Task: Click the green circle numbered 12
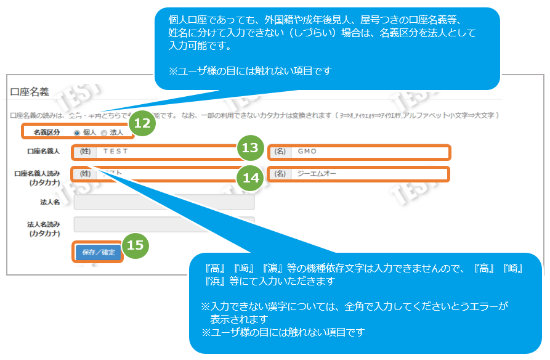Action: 142,123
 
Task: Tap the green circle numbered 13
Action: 249,148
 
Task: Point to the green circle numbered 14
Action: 249,178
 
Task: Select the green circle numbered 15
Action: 135,245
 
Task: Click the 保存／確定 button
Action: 98,253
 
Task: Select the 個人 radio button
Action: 77,132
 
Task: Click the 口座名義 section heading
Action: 30,92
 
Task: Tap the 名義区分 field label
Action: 47,132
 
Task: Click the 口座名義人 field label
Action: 44,151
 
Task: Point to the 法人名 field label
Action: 49,202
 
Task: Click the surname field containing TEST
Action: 166,151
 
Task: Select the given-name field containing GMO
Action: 370,151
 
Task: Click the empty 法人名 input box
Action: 164,202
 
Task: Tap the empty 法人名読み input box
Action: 164,224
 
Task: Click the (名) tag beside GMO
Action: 280,151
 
